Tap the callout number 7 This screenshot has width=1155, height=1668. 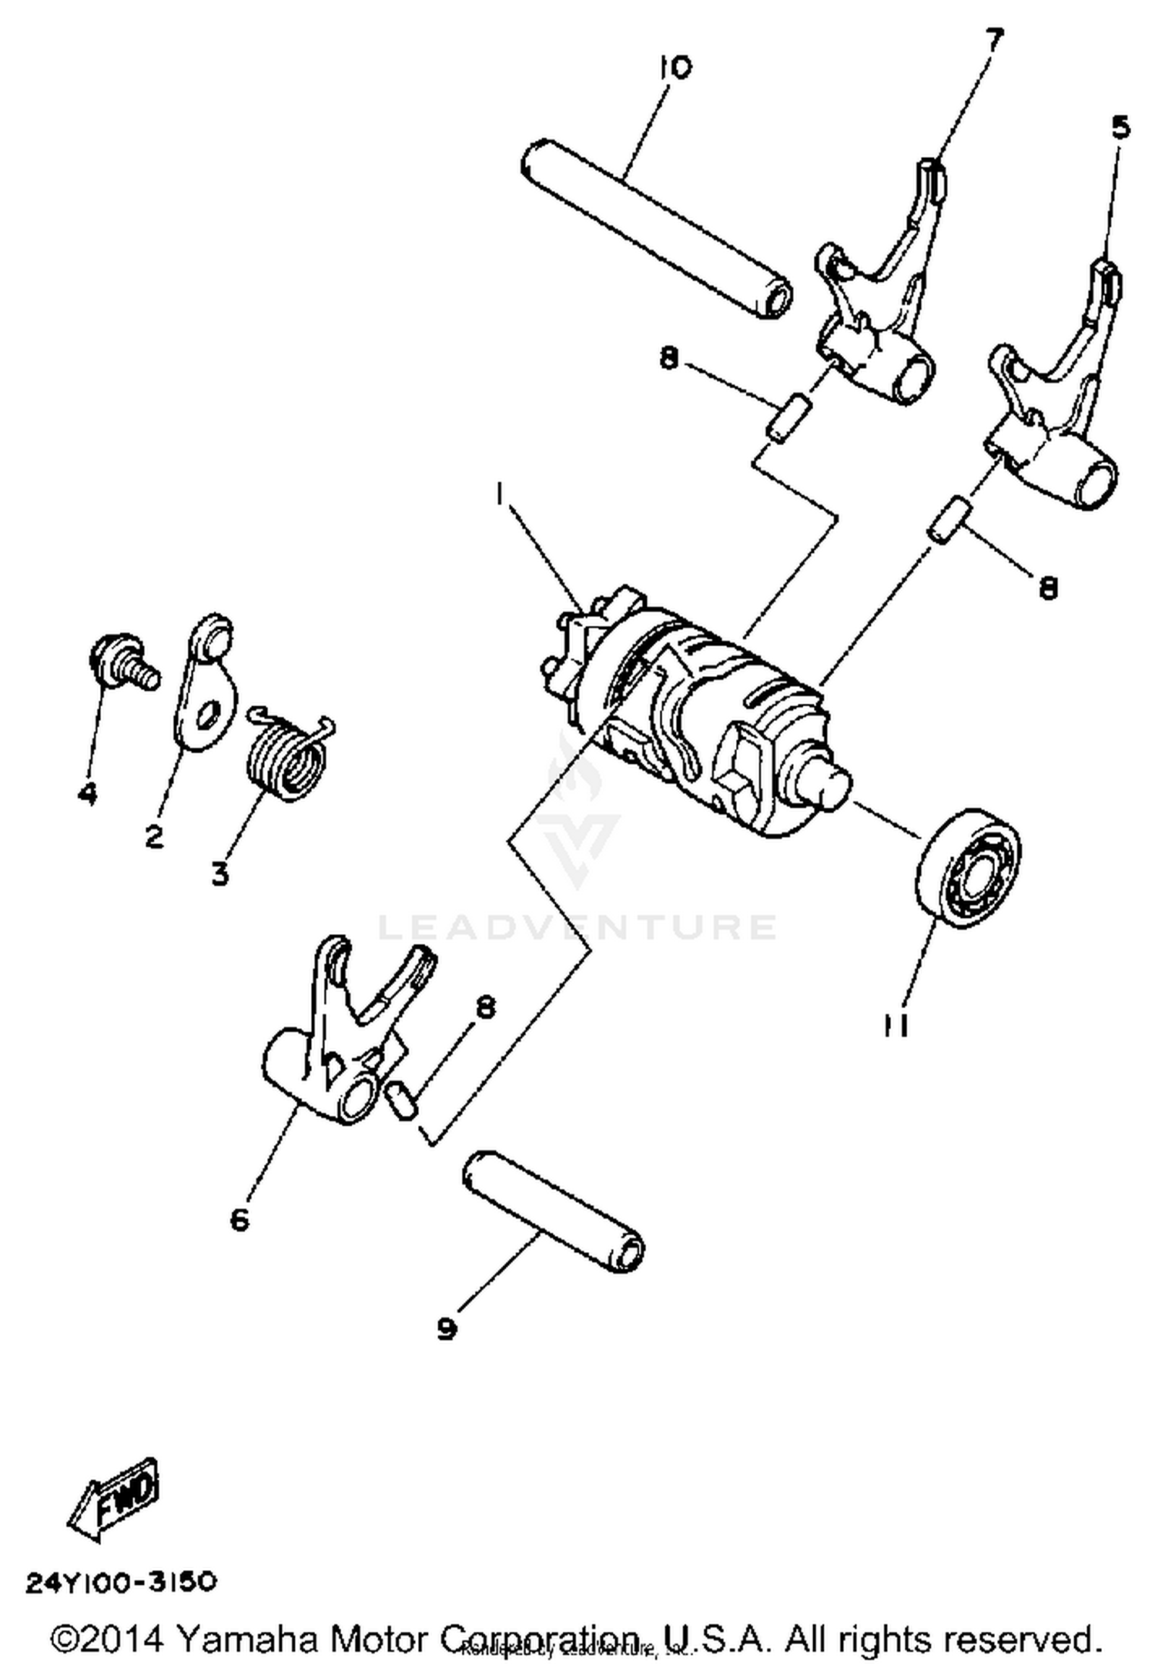click(x=994, y=39)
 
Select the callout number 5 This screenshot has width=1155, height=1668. click(x=1121, y=128)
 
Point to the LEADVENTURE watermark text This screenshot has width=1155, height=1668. click(x=577, y=927)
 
